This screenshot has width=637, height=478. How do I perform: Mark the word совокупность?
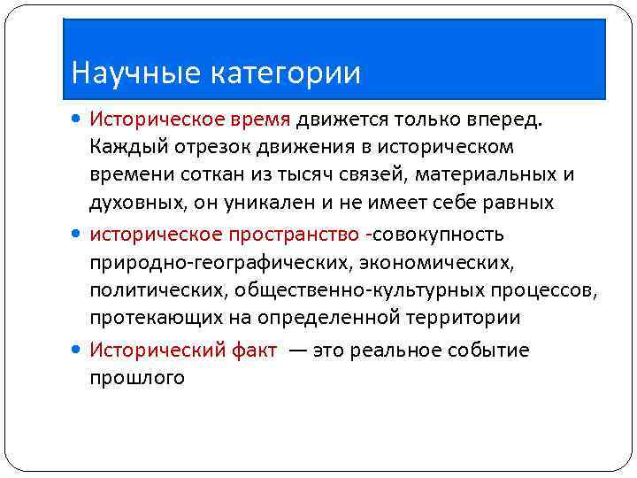pos(441,234)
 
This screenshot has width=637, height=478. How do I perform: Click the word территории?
pos(465,317)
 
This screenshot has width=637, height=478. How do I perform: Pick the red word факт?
pos(255,350)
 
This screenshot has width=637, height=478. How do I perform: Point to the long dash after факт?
pos(298,351)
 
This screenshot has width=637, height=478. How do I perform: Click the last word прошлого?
pos(136,378)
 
